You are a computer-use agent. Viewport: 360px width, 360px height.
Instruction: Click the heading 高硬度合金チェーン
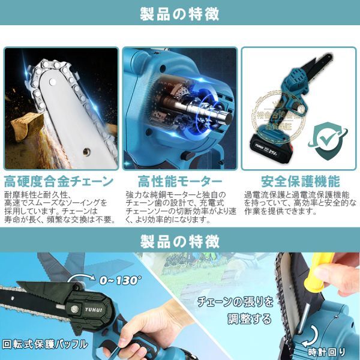tap(59, 181)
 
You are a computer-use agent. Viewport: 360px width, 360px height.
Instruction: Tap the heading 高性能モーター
tap(179, 181)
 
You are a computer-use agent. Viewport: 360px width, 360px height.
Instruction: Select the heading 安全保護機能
tap(300, 181)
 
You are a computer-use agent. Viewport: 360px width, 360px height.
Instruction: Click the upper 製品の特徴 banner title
tap(179, 13)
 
